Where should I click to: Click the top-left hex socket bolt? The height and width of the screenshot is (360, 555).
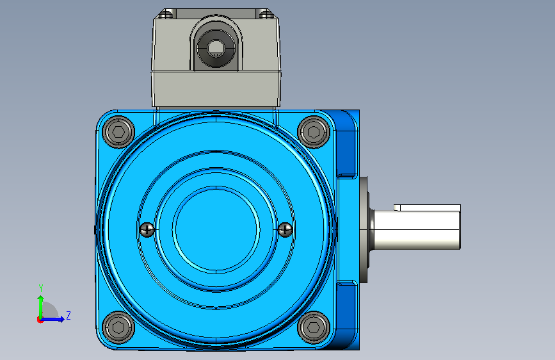coord(118,132)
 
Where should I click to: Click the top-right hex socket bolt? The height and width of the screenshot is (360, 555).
coord(314,132)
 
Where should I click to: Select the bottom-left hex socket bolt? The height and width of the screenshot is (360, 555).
coord(118,327)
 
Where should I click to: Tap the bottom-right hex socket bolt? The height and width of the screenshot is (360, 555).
coord(314,327)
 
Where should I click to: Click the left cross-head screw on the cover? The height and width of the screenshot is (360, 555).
coord(147,229)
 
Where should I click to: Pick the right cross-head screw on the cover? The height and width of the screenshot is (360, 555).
coord(286,229)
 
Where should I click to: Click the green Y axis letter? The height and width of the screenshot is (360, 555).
coord(41,288)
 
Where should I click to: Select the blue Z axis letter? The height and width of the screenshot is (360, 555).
coord(68,315)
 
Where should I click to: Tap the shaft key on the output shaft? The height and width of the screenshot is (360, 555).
coord(427,208)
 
